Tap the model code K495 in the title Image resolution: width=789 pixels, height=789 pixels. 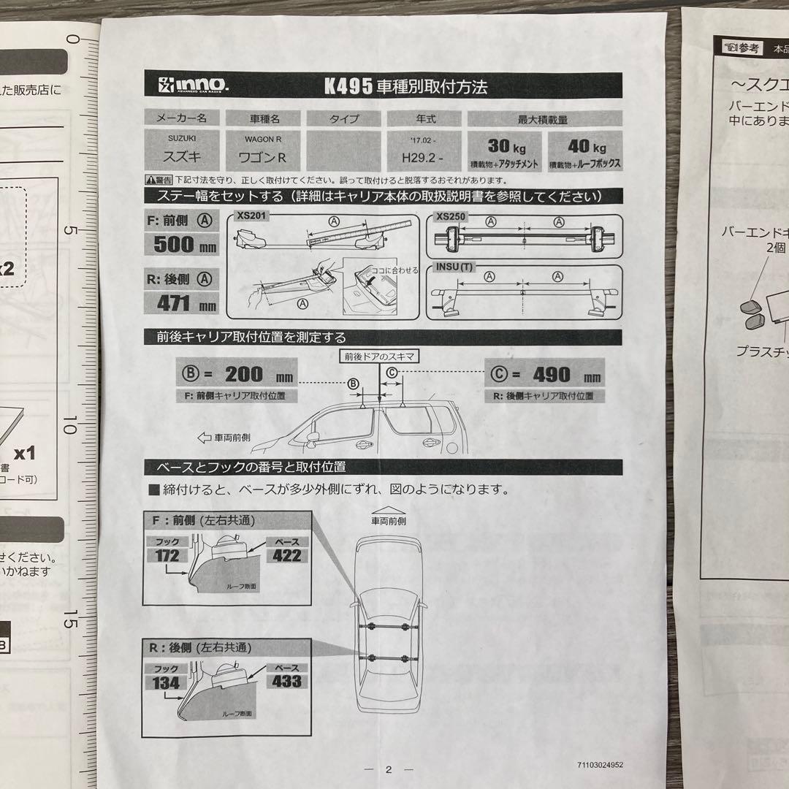pyautogui.click(x=348, y=86)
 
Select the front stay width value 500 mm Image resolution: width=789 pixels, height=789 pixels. pyautogui.click(x=184, y=245)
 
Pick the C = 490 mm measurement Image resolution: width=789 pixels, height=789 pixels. pyautogui.click(x=544, y=375)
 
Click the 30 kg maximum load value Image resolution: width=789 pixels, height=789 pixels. pyautogui.click(x=504, y=145)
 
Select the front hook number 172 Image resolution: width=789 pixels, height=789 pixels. pyautogui.click(x=167, y=556)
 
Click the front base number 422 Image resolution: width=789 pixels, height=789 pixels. pyautogui.click(x=286, y=555)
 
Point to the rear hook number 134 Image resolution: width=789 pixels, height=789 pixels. pyautogui.click(x=167, y=682)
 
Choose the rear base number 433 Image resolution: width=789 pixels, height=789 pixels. pyautogui.click(x=286, y=682)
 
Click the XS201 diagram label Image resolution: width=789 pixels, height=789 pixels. pyautogui.click(x=252, y=217)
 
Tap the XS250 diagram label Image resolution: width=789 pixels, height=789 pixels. pyautogui.click(x=451, y=217)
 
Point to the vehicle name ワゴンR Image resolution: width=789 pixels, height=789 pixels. pyautogui.click(x=260, y=156)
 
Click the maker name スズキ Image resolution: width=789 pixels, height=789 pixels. pyautogui.click(x=181, y=156)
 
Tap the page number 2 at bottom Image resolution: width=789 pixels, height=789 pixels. pyautogui.click(x=389, y=769)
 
